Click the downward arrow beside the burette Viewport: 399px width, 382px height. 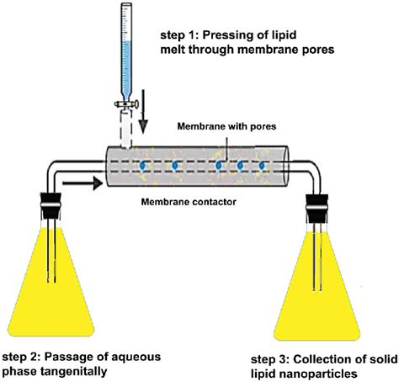click(143, 112)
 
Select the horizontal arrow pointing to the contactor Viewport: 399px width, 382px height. click(82, 183)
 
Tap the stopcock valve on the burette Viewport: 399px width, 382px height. click(126, 104)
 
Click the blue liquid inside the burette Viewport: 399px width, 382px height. click(127, 71)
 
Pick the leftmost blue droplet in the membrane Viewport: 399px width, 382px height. click(143, 165)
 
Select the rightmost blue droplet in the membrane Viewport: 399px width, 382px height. click(262, 166)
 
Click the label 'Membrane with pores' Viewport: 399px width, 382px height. click(226, 126)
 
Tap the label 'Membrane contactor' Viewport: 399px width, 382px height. click(189, 202)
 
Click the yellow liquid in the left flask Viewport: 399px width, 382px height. click(51, 303)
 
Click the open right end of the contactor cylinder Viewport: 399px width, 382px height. click(285, 166)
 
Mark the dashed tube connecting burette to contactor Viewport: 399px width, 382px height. click(126, 129)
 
